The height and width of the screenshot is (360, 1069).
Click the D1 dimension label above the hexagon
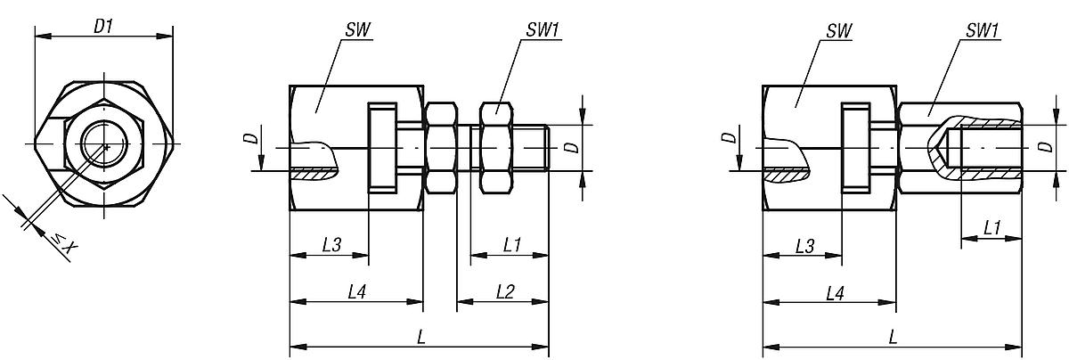tap(103, 27)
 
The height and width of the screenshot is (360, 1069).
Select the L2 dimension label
tap(505, 291)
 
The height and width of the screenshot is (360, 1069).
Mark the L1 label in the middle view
tap(511, 242)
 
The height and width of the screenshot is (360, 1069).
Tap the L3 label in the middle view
tap(330, 242)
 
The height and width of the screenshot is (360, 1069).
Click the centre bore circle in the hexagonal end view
tap(104, 145)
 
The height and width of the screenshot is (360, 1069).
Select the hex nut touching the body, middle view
tap(441, 147)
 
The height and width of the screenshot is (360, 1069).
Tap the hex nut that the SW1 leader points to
tap(494, 147)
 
